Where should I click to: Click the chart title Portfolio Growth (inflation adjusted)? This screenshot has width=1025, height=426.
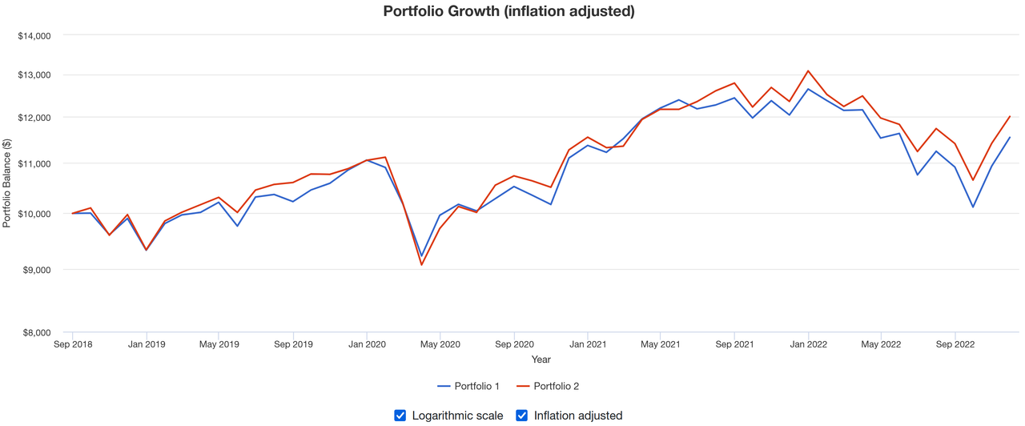click(x=508, y=11)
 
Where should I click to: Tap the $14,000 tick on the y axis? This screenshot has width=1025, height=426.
click(x=34, y=35)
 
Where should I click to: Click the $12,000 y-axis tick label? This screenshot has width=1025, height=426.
click(x=34, y=118)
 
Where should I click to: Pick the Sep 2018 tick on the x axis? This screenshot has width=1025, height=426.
click(x=73, y=344)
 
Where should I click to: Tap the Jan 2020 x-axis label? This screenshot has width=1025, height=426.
click(x=367, y=344)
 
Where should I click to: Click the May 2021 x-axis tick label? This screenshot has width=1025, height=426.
click(x=661, y=344)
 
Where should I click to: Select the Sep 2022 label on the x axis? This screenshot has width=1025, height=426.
click(x=955, y=344)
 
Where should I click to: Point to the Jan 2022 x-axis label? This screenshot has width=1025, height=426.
click(x=807, y=344)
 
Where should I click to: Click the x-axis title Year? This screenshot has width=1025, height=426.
click(x=541, y=360)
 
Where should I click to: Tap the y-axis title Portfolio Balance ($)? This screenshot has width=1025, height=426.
click(x=7, y=183)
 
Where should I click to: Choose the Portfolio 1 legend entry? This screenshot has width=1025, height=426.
click(x=468, y=386)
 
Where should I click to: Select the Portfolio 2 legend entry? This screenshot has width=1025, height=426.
click(x=548, y=386)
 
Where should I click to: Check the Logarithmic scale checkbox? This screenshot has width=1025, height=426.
click(x=400, y=415)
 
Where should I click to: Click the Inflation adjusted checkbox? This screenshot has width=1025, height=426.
click(x=522, y=415)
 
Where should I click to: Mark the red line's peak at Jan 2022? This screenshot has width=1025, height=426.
click(x=807, y=71)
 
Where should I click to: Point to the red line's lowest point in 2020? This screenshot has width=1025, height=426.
click(x=422, y=265)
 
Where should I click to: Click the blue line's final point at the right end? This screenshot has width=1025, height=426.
click(x=1010, y=138)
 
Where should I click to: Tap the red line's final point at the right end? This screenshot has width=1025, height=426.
click(x=1010, y=117)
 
